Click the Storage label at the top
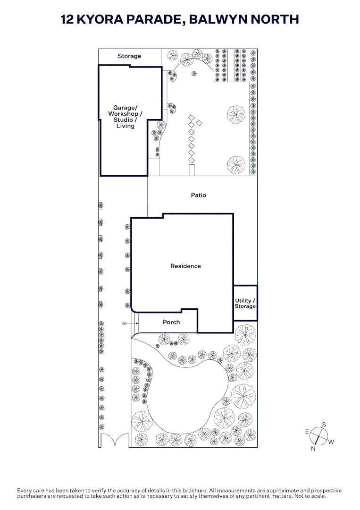coord(129,56)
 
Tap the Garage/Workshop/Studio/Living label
coord(125,117)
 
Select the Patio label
coord(199,195)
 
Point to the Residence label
coord(185,266)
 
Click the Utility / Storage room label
coord(245,304)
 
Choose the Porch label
coord(171,322)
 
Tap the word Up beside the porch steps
coord(124,323)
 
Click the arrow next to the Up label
coord(133,323)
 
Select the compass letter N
coord(313,449)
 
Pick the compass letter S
coord(324,425)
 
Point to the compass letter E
coord(307,432)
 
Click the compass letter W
coord(331,442)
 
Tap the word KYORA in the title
coord(100,19)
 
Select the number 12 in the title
coord(67,19)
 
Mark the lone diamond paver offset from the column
coord(199,123)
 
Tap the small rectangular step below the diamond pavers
coord(192,170)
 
